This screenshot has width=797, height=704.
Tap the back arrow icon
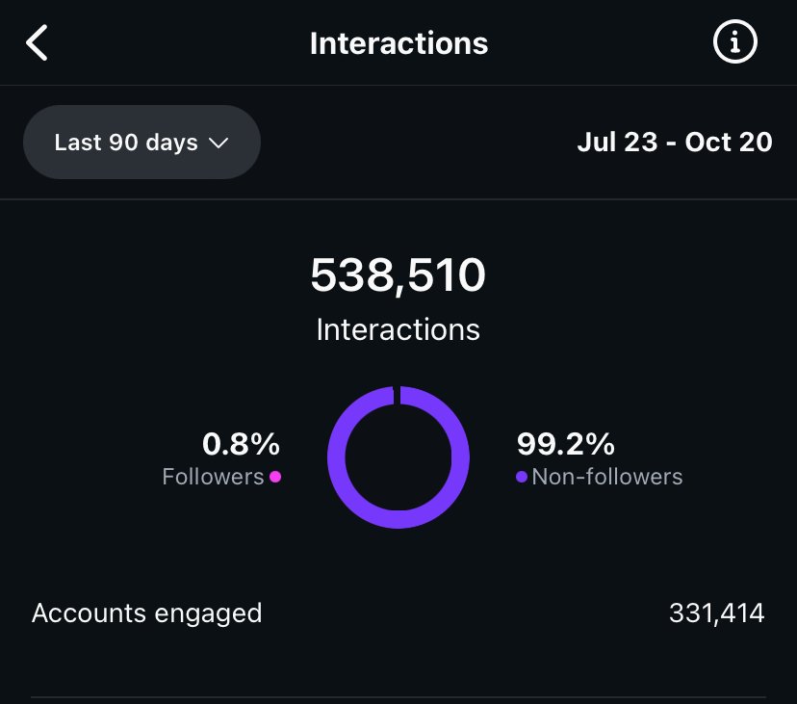(37, 43)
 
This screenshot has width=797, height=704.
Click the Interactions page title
(398, 43)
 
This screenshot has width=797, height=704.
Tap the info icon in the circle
(734, 42)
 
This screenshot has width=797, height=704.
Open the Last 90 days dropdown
(141, 143)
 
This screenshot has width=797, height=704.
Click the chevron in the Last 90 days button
(219, 143)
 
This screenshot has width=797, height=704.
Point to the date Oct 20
(729, 143)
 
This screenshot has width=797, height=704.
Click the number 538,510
(398, 276)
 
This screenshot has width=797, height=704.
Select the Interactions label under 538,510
(398, 329)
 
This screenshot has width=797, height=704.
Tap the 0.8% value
(241, 444)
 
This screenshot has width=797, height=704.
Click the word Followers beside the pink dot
(213, 477)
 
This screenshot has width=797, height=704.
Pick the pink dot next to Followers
(275, 477)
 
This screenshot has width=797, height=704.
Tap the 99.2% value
(566, 444)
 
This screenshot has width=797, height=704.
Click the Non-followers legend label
(607, 477)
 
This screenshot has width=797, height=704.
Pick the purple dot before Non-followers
(522, 477)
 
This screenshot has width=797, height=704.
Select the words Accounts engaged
(146, 613)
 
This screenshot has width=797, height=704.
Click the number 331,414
(716, 613)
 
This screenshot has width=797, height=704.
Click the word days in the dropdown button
(172, 143)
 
